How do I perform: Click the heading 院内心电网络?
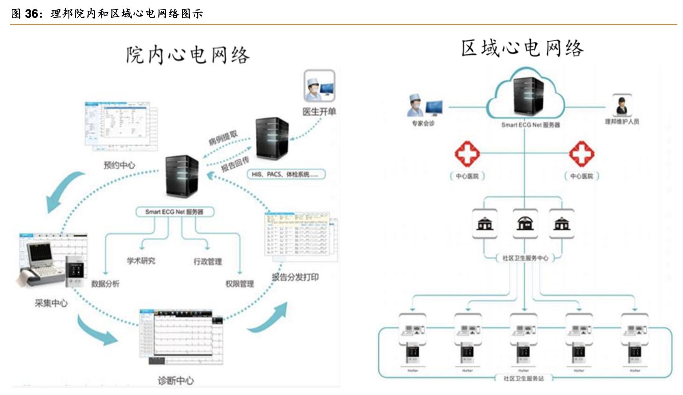pos(187,55)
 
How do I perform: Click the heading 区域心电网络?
pos(522,49)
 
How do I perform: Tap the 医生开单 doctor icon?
pos(319,86)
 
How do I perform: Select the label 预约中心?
pos(119,165)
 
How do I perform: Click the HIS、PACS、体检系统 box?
pos(286,174)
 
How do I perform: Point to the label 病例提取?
pos(223,138)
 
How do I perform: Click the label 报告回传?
pos(235,164)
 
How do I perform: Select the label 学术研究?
pos(141,261)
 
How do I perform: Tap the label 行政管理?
pos(207,262)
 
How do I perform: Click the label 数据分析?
pos(105,283)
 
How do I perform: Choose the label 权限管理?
pos(240,283)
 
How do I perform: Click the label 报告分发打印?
pos(295,277)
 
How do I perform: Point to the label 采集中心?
pos(51,303)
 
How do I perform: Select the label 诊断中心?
pos(176,380)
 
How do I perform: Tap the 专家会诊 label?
pos(423,123)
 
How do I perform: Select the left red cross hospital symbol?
pos(467,154)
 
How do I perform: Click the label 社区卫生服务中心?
pos(525,258)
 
